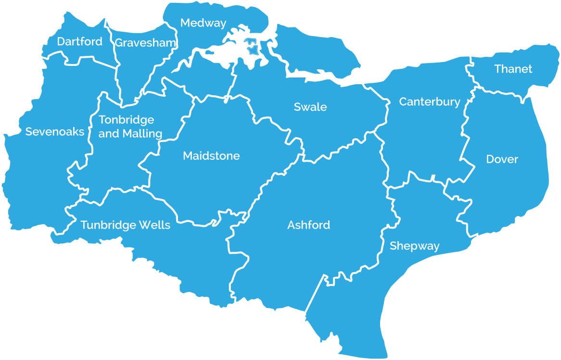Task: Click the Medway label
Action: point(203,23)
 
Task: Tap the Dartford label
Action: point(80,42)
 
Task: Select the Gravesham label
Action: point(145,43)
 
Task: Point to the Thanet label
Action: point(513,69)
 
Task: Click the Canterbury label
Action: point(430,102)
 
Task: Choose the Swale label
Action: point(310,107)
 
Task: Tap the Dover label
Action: point(502,159)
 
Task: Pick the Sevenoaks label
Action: point(55,132)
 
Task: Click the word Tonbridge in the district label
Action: point(126,120)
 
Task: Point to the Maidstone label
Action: point(211,156)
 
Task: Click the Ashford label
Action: point(308,225)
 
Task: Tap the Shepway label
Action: point(414,246)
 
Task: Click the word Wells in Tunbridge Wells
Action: point(154,225)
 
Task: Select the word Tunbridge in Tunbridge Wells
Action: point(108,225)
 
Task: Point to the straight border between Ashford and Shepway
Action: point(315,294)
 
